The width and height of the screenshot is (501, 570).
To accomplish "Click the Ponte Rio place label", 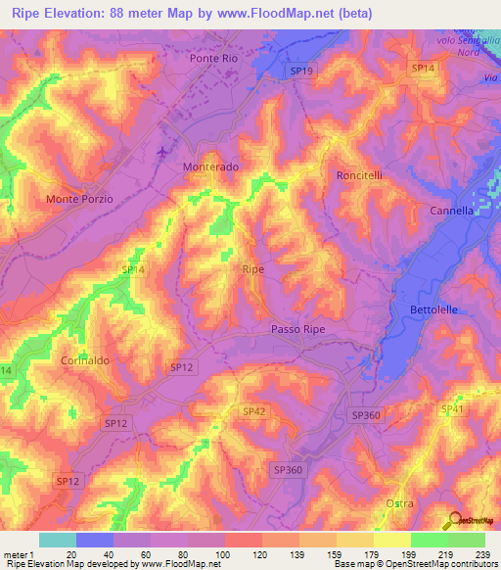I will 213,59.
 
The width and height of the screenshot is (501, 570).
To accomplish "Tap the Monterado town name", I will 210,167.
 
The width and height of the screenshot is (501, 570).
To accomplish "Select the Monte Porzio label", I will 80,199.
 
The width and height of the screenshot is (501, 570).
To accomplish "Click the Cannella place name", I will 451,211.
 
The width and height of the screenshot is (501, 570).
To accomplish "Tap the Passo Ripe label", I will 297,330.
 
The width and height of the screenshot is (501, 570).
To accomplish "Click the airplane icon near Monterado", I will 161,151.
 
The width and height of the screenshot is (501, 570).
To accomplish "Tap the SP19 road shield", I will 301,71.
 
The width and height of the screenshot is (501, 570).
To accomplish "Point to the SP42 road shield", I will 253,411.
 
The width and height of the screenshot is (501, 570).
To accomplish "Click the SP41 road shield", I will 451,408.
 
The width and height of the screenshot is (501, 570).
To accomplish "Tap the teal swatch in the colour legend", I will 58,540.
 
